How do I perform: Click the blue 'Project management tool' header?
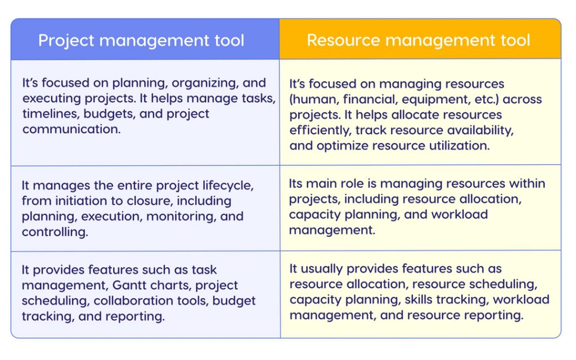pos(141,40)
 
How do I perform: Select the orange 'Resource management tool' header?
pos(418,40)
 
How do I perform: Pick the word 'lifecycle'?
pos(225,185)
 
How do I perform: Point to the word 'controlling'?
pos(55,232)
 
